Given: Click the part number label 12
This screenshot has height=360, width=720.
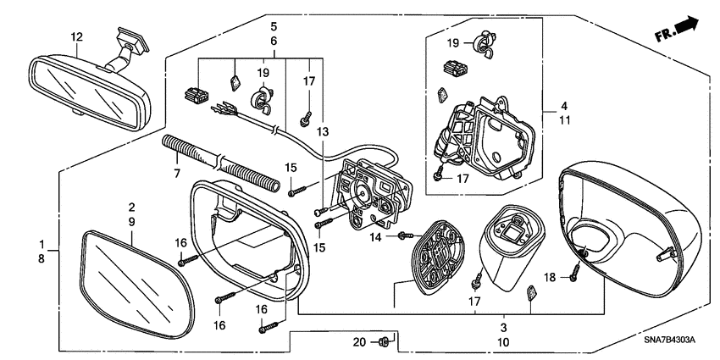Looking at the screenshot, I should pyautogui.click(x=77, y=36).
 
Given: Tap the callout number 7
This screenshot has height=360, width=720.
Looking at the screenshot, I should pyautogui.click(x=177, y=173).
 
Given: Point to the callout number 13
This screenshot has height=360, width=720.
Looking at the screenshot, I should pyautogui.click(x=322, y=132).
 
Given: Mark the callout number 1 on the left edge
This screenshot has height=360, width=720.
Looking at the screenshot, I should pyautogui.click(x=42, y=244).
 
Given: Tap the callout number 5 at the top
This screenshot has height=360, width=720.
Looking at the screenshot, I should pyautogui.click(x=274, y=25).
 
